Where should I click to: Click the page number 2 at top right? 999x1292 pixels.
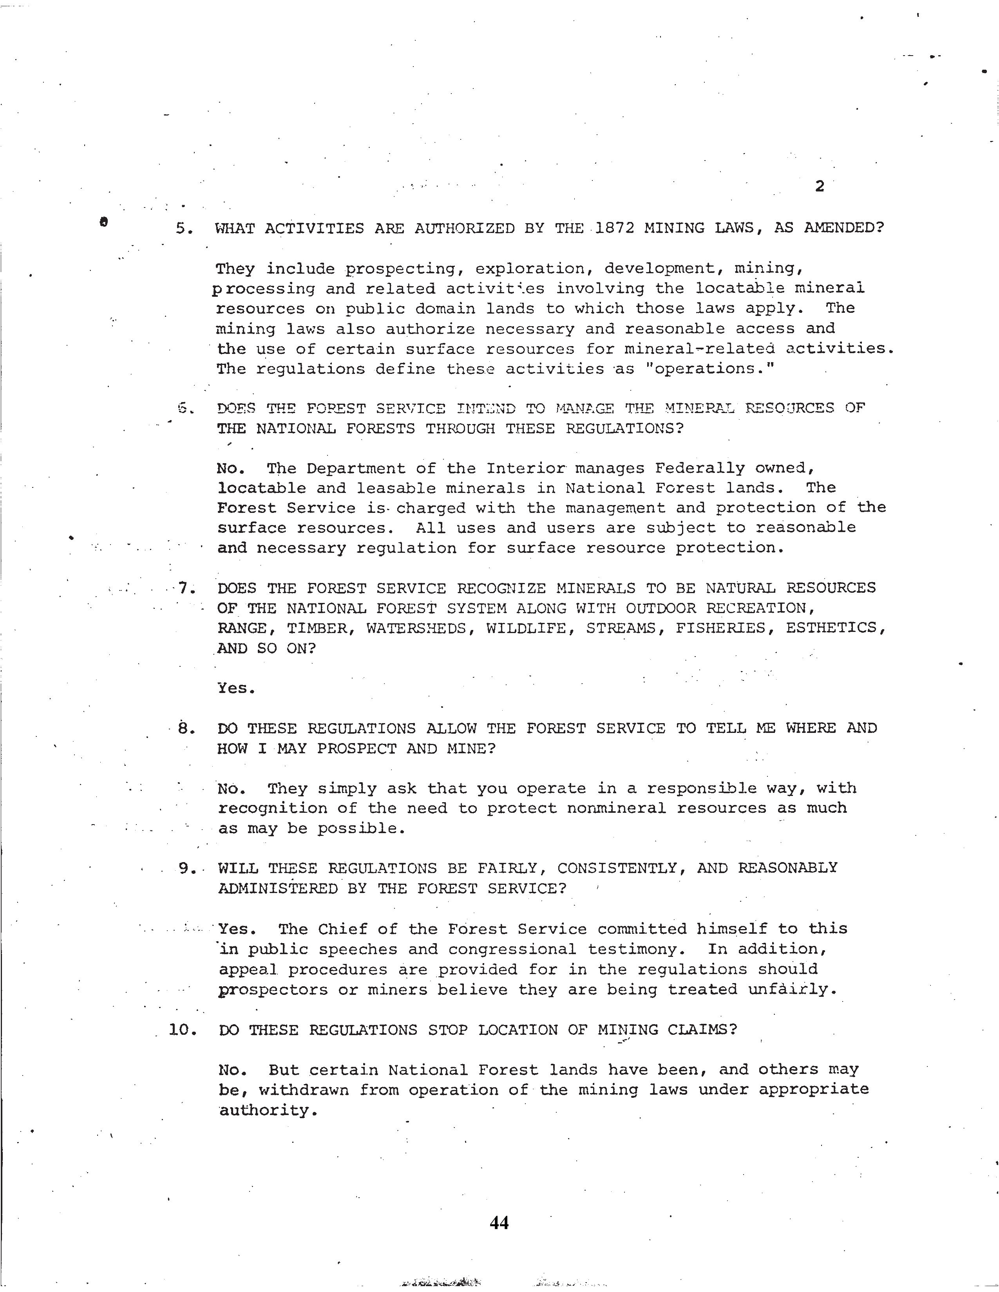click(819, 186)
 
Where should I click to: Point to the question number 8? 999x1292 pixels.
click(186, 728)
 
